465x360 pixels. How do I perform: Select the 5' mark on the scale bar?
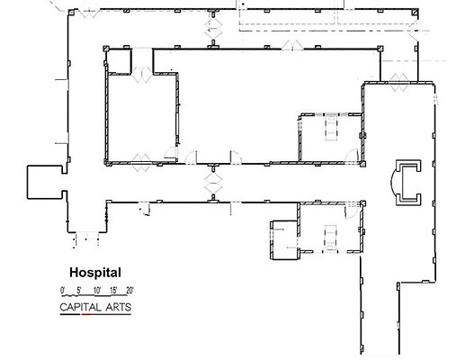[x=79, y=290]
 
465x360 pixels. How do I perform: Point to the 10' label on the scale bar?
[x=96, y=290]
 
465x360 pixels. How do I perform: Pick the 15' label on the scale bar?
[x=113, y=290]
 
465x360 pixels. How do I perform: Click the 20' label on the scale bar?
[x=130, y=290]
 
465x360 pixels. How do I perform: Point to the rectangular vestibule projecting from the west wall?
[x=41, y=183]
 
